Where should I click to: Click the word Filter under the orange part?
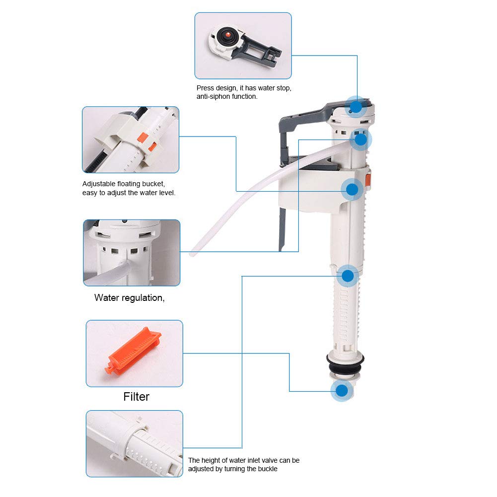click(x=136, y=397)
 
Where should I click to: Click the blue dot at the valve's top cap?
click(x=356, y=107)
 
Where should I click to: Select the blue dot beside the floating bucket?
click(x=352, y=189)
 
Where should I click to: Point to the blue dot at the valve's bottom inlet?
click(x=341, y=391)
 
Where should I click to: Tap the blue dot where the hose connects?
click(x=360, y=140)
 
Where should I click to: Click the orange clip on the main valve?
click(x=368, y=180)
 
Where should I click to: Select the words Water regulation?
click(x=129, y=298)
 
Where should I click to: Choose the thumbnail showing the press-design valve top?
click(x=243, y=46)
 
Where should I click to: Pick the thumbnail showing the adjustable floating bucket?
click(x=131, y=140)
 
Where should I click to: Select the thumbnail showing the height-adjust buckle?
click(x=134, y=443)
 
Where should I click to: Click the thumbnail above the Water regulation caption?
click(x=132, y=253)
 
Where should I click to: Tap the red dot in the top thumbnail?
click(x=228, y=35)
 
